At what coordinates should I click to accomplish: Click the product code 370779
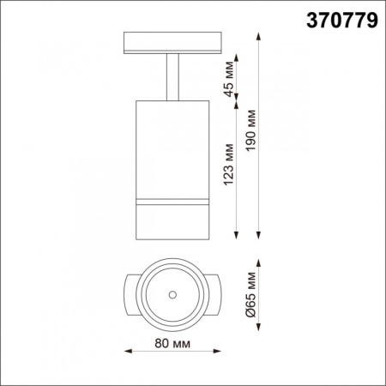pyautogui.click(x=342, y=21)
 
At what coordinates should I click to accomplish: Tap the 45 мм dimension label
pyautogui.click(x=229, y=79)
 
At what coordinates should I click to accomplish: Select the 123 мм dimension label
pyautogui.click(x=229, y=165)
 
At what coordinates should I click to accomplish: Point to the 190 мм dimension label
pyautogui.click(x=250, y=130)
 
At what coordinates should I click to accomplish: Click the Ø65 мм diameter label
pyautogui.click(x=251, y=294)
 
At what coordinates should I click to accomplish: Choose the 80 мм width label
pyautogui.click(x=172, y=343)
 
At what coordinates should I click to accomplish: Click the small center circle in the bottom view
pyautogui.click(x=172, y=294)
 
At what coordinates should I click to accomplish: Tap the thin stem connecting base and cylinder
pyautogui.click(x=172, y=77)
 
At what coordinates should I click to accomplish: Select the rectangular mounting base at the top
pyautogui.click(x=172, y=43)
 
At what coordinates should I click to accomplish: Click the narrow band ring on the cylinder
pyautogui.click(x=172, y=202)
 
